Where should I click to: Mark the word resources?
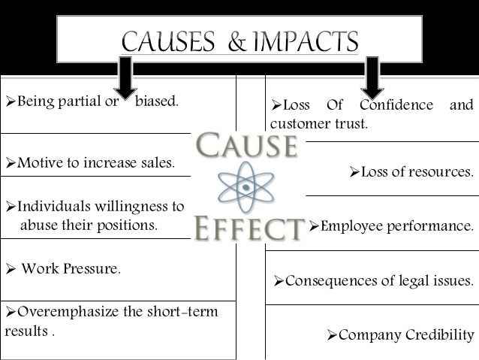[441, 172]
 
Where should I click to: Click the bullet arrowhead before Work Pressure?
[8, 268]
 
